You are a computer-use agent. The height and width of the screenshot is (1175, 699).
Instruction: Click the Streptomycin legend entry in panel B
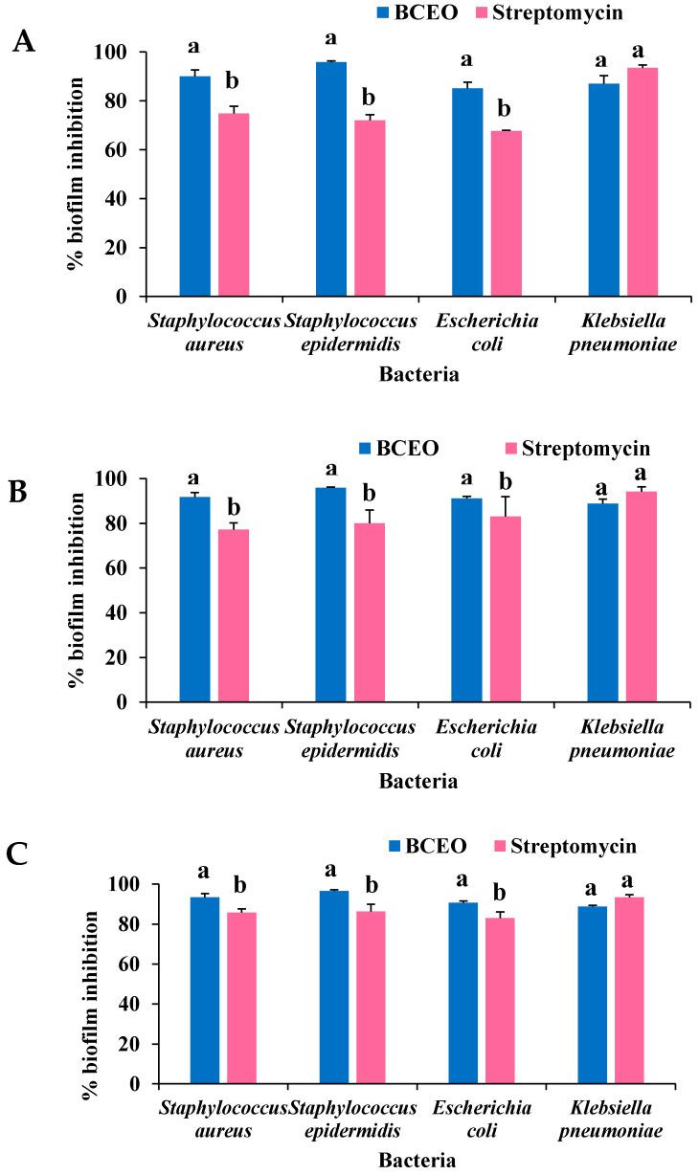tap(577, 448)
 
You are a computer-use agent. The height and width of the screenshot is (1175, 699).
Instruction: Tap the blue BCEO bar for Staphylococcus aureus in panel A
tap(195, 187)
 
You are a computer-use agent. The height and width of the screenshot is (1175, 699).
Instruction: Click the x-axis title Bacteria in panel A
tap(418, 375)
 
